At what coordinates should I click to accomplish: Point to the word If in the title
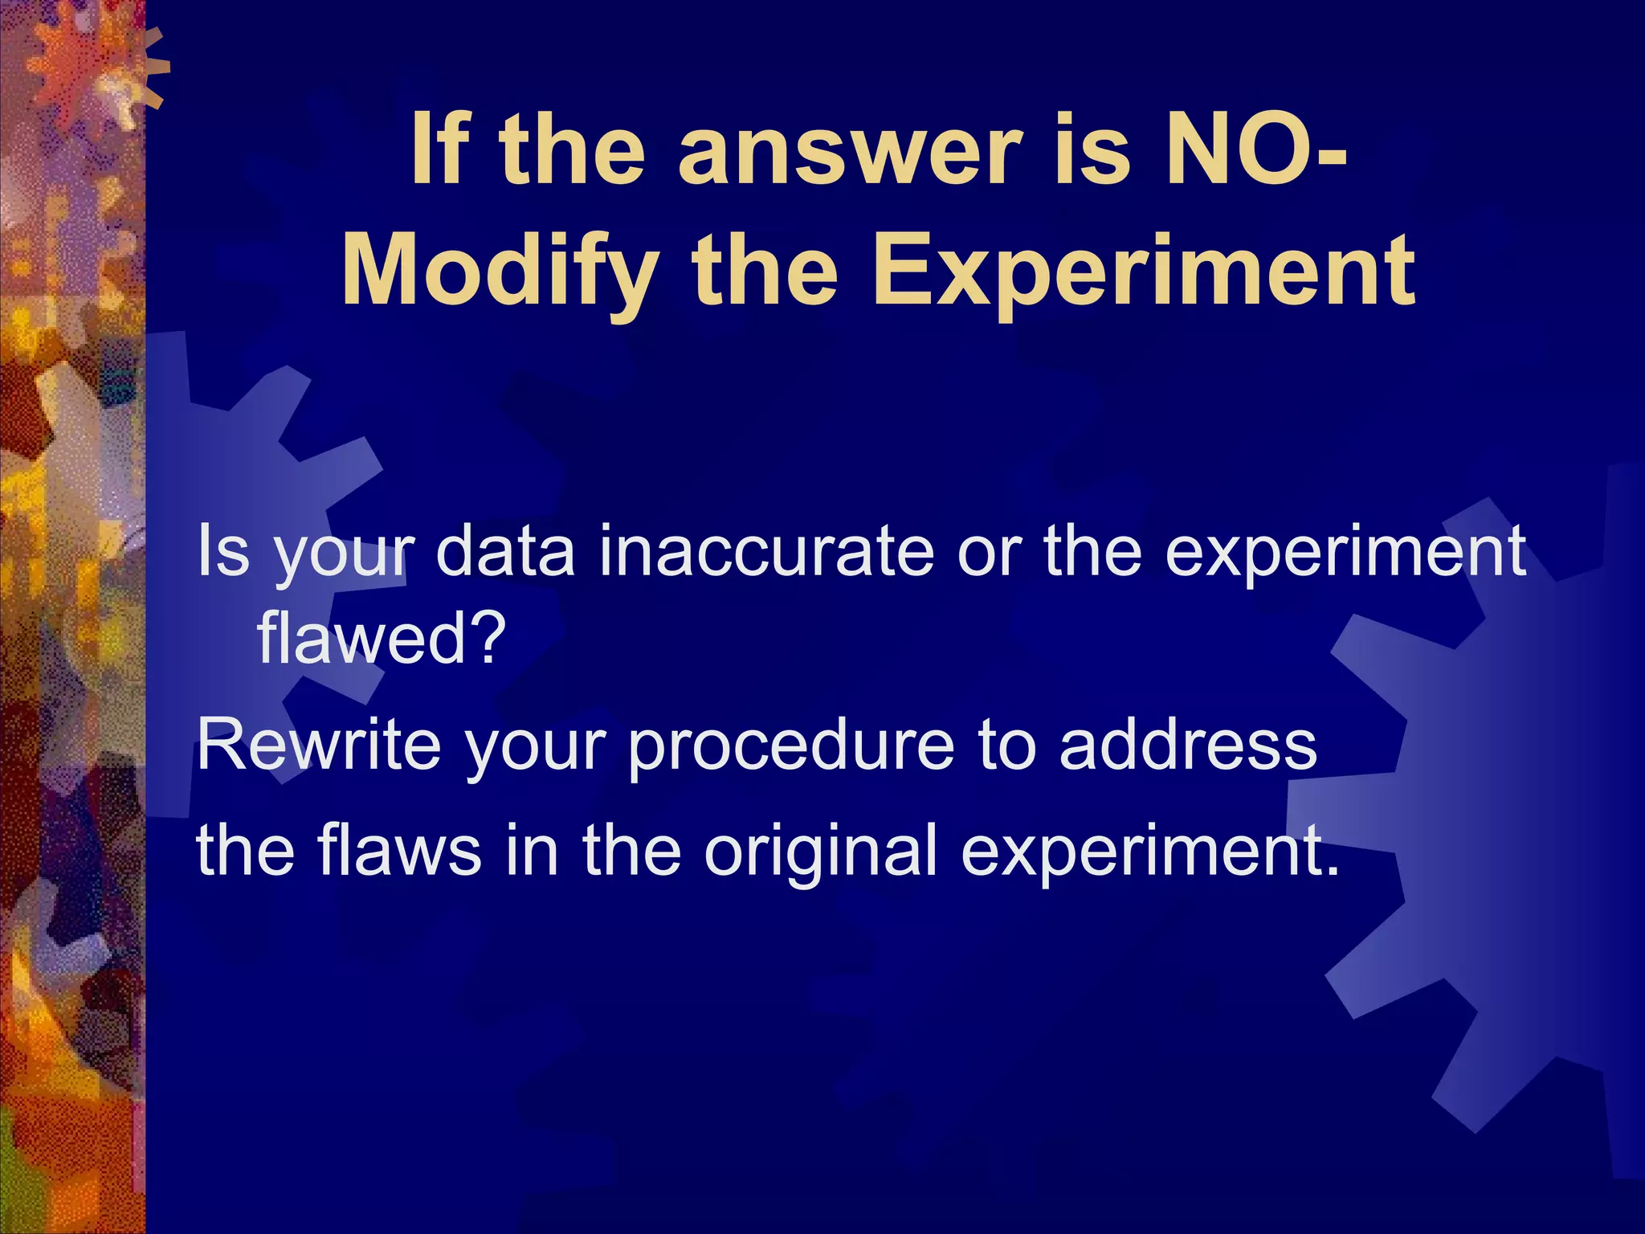click(x=439, y=150)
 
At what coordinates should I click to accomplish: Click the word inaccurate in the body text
click(x=767, y=552)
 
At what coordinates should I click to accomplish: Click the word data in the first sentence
click(x=505, y=552)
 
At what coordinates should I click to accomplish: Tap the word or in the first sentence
click(x=989, y=552)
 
